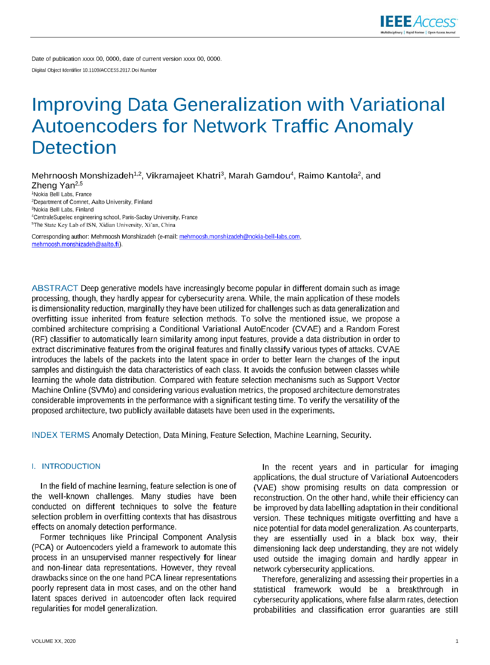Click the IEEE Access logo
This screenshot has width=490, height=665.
(x=418, y=24)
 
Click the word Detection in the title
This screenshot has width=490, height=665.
(x=74, y=148)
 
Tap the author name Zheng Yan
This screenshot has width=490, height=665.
(x=53, y=186)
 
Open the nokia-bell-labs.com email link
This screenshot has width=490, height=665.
(x=239, y=237)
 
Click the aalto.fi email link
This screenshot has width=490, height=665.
(x=75, y=244)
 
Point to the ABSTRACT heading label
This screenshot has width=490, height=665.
(x=55, y=288)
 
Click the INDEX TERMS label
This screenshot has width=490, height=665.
(x=60, y=435)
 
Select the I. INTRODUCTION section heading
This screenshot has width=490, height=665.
(x=66, y=467)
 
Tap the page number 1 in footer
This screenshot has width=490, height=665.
(x=457, y=641)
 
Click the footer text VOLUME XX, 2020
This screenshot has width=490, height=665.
(x=54, y=641)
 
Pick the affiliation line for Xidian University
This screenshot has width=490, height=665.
(x=104, y=225)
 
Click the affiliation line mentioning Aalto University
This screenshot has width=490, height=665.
(x=93, y=202)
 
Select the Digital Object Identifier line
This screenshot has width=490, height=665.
(x=94, y=70)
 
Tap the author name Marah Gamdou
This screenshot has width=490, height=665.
(x=259, y=176)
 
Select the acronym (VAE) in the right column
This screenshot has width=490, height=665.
(x=265, y=488)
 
